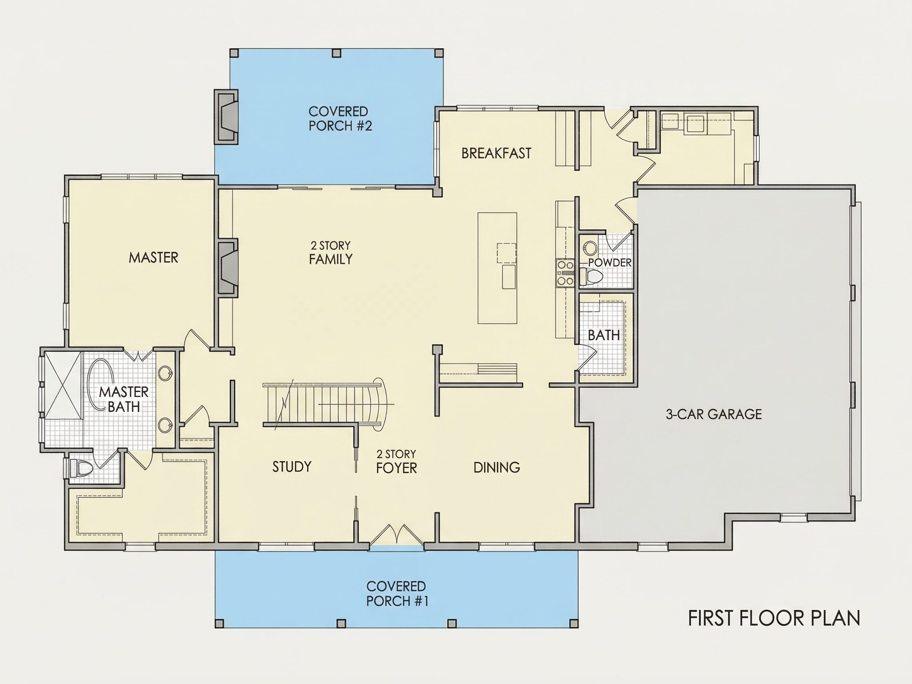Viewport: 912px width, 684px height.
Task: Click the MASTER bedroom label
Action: [x=153, y=258]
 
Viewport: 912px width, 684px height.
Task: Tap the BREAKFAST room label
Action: [x=496, y=153]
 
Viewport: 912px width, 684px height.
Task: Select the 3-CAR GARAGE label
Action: [x=714, y=414]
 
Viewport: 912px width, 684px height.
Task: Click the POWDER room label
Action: [x=610, y=262]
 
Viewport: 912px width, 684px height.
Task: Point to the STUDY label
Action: [x=292, y=467]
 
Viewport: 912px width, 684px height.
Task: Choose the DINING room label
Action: [x=497, y=467]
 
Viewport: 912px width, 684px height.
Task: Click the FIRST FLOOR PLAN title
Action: [x=774, y=618]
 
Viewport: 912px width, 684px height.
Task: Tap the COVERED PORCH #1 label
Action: [x=397, y=594]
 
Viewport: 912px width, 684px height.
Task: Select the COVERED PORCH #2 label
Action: [x=340, y=118]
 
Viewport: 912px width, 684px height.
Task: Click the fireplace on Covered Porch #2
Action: [x=226, y=117]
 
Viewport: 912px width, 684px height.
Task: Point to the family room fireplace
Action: [x=228, y=268]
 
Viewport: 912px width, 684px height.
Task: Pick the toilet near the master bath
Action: [x=81, y=468]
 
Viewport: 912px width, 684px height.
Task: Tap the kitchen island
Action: [x=497, y=268]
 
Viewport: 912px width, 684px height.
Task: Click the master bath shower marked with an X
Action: [x=63, y=386]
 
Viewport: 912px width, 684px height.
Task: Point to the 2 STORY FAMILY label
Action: [x=331, y=252]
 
